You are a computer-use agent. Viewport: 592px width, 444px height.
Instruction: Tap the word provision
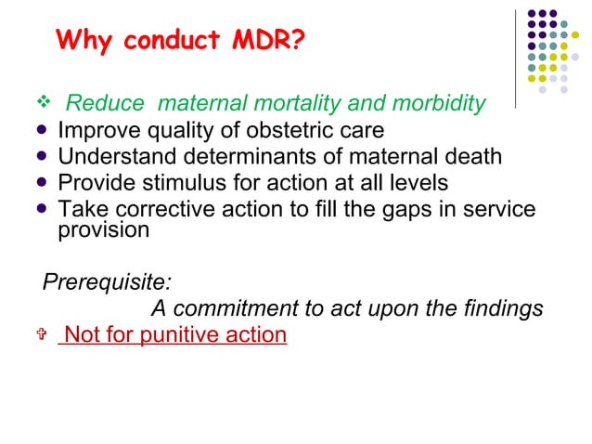pos(103,229)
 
